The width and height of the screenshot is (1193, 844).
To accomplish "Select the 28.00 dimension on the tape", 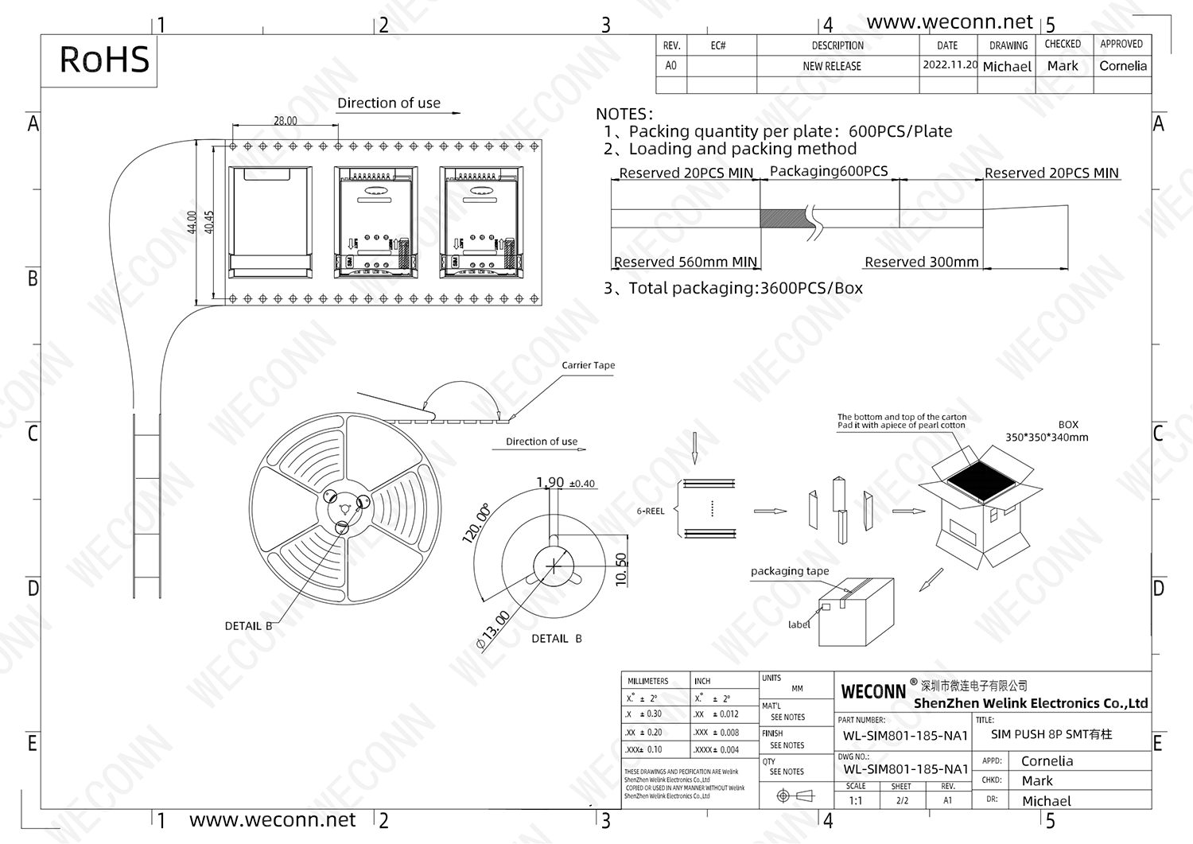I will click(285, 121).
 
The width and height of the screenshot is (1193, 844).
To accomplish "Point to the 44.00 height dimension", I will click(192, 222).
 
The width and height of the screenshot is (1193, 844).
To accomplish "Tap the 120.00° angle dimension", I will click(476, 523).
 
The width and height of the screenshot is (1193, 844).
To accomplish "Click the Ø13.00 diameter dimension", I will click(493, 630).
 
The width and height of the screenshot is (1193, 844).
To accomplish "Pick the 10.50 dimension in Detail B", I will click(622, 570).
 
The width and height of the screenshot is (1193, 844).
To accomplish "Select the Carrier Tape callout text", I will click(588, 365).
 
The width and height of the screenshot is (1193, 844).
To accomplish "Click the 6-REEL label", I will click(650, 511).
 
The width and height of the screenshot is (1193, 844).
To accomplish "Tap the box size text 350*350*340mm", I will click(1047, 437).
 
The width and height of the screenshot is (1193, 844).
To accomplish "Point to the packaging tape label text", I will click(789, 571).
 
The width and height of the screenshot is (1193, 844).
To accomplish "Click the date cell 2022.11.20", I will click(949, 65).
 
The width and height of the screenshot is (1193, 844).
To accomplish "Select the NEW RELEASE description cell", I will click(831, 66).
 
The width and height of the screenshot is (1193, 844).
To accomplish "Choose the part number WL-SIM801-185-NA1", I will click(905, 736).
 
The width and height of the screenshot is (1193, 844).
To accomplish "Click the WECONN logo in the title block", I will click(873, 691).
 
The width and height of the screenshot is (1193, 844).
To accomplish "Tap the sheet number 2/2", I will click(902, 800).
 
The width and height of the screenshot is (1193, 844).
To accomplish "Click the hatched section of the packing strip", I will click(783, 219).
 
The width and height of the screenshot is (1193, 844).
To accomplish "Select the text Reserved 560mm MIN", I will click(685, 262).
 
